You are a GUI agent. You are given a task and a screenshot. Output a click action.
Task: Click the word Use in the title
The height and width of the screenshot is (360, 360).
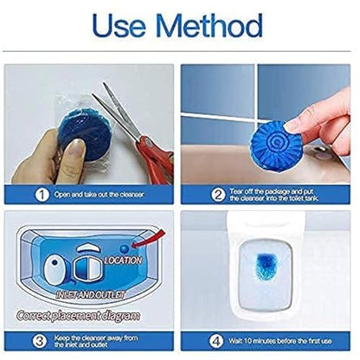point(121,27)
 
